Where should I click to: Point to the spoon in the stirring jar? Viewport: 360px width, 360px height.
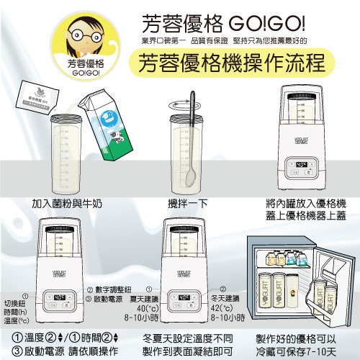192,137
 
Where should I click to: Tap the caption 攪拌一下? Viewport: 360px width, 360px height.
192,203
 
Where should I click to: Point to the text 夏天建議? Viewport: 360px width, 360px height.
124,298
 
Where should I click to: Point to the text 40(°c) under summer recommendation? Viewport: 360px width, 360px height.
125,309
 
